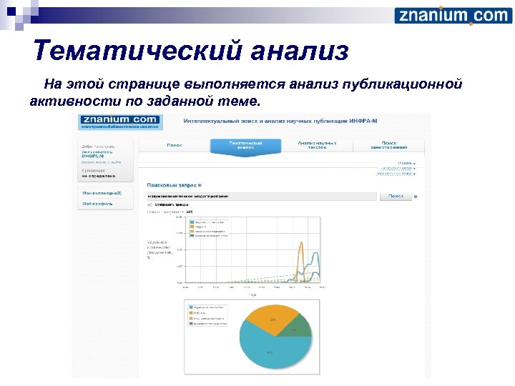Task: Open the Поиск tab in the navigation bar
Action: pyautogui.click(x=174, y=145)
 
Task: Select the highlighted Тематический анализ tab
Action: pyautogui.click(x=245, y=145)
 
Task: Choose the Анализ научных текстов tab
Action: pyautogui.click(x=317, y=145)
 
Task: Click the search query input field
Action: pyautogui.click(x=261, y=196)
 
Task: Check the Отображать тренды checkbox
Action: pyautogui.click(x=150, y=204)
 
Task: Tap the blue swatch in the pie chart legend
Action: pyautogui.click(x=191, y=306)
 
